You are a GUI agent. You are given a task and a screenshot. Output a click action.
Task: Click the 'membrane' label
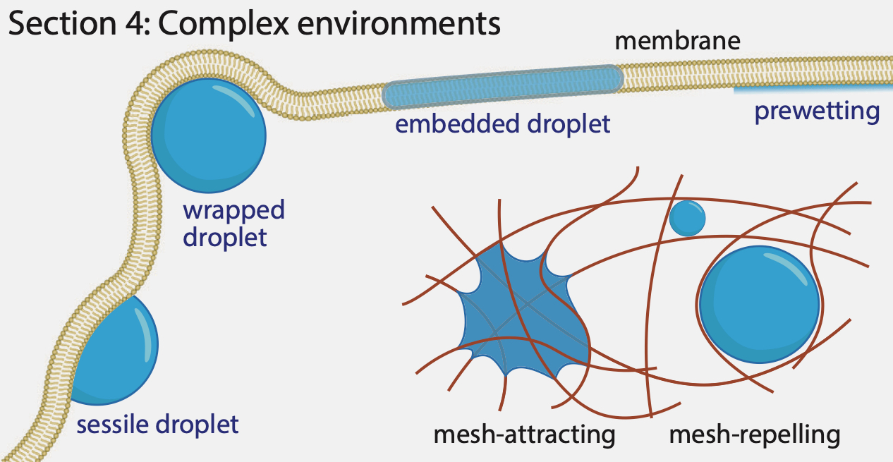(677, 41)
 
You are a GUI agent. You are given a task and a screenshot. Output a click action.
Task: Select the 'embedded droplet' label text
(502, 125)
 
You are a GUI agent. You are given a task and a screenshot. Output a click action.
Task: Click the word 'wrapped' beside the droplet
(233, 210)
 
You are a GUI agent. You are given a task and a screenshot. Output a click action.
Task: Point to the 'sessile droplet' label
(157, 425)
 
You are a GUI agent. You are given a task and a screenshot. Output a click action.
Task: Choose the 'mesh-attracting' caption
(524, 434)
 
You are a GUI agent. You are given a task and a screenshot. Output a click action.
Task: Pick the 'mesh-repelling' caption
(754, 434)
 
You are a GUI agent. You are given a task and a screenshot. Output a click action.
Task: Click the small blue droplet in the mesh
(687, 219)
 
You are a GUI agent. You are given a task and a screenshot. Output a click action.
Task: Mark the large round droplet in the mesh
(759, 303)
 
